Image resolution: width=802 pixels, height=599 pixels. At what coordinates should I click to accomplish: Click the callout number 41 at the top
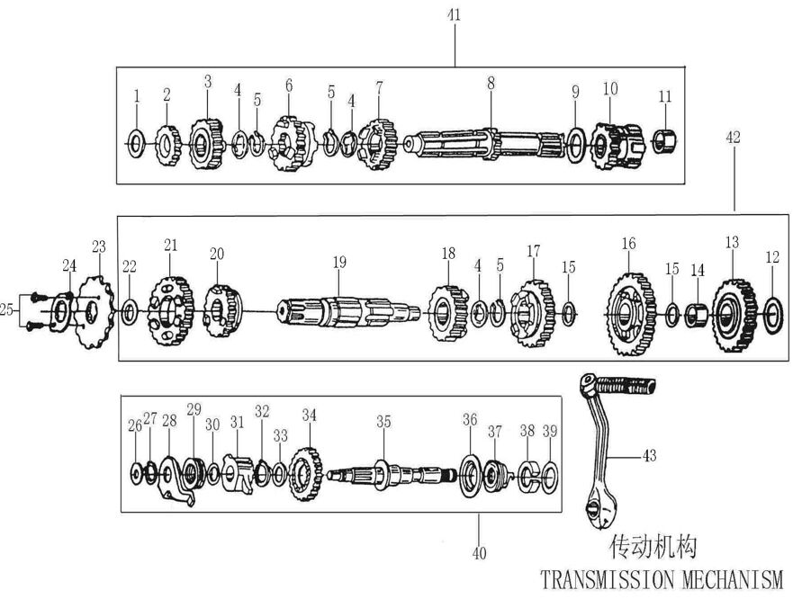[454, 14]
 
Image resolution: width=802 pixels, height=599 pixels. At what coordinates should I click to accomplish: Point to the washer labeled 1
[135, 144]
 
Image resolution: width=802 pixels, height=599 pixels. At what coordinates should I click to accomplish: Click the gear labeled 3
[207, 144]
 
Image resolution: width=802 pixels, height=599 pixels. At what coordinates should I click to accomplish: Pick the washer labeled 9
[576, 145]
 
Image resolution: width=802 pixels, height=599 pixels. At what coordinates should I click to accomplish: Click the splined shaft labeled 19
[347, 312]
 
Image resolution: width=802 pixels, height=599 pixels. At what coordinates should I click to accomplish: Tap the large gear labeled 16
[631, 314]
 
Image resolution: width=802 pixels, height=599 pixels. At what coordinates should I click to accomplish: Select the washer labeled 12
[773, 316]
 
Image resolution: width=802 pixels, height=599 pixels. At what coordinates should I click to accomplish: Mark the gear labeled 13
[734, 315]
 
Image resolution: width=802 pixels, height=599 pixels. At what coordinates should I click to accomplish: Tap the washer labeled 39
[550, 477]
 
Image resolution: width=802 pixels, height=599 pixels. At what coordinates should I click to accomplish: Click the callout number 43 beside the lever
[649, 455]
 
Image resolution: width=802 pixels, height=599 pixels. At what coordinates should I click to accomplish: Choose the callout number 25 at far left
[6, 309]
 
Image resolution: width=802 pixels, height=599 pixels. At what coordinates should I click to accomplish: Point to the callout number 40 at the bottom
[479, 553]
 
